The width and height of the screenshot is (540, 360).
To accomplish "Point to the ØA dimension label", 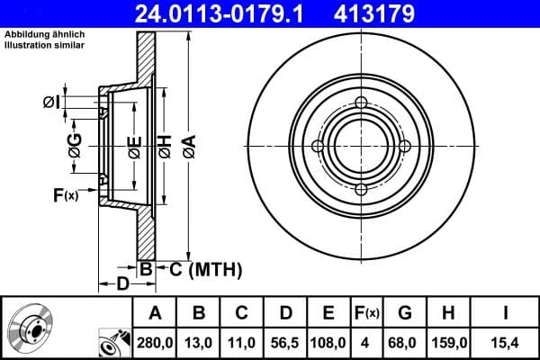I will (x=188, y=144).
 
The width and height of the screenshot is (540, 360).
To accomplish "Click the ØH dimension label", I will (x=165, y=144).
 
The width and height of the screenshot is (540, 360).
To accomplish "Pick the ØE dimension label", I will (x=134, y=144).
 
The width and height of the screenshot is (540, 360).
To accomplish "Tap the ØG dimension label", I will (x=75, y=144).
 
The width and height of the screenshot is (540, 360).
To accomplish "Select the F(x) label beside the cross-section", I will (x=66, y=194).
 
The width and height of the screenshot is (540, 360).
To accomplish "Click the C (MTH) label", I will (x=202, y=267).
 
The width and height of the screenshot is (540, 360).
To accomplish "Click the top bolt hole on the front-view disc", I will (x=360, y=103).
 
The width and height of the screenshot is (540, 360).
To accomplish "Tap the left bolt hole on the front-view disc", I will (x=317, y=146).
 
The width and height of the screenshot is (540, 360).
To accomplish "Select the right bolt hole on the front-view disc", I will (x=404, y=146).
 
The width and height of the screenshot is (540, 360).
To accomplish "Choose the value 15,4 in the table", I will (x=506, y=343).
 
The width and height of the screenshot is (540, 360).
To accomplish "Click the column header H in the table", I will (x=447, y=313).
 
